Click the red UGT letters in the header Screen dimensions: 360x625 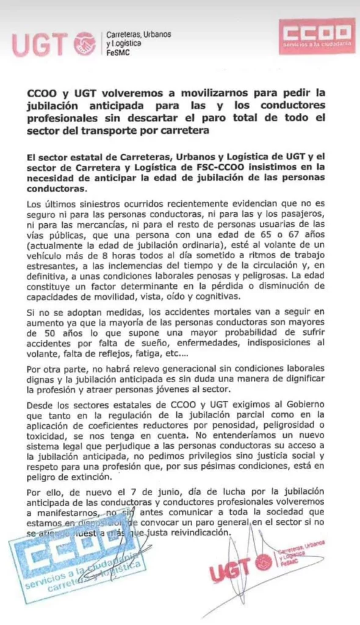[x=41, y=44]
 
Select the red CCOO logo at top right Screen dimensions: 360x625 [x=316, y=35]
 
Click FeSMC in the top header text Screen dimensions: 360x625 [x=118, y=53]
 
